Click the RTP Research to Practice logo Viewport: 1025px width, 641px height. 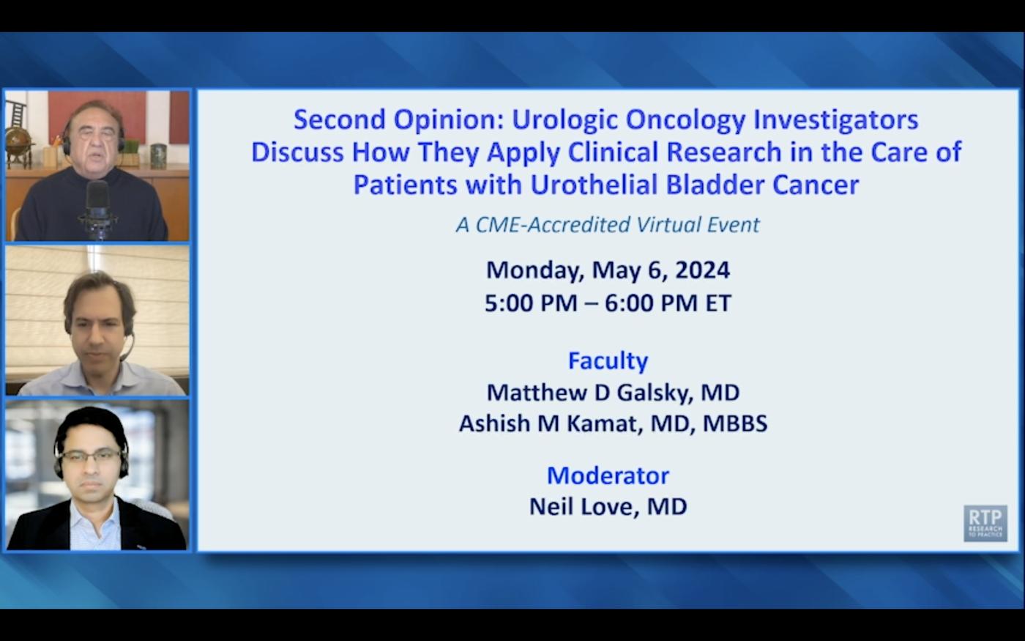point(985,523)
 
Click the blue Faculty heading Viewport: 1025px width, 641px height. point(608,360)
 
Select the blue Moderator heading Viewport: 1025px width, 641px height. point(608,475)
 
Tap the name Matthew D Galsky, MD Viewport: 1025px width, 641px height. point(613,392)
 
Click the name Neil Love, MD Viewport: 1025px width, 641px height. point(608,506)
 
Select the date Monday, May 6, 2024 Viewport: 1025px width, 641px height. point(608,270)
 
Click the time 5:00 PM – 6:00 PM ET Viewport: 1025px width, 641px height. point(608,303)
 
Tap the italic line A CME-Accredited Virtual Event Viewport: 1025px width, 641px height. point(608,224)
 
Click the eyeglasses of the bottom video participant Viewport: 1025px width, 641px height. point(91,455)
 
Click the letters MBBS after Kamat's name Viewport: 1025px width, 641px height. point(735,423)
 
